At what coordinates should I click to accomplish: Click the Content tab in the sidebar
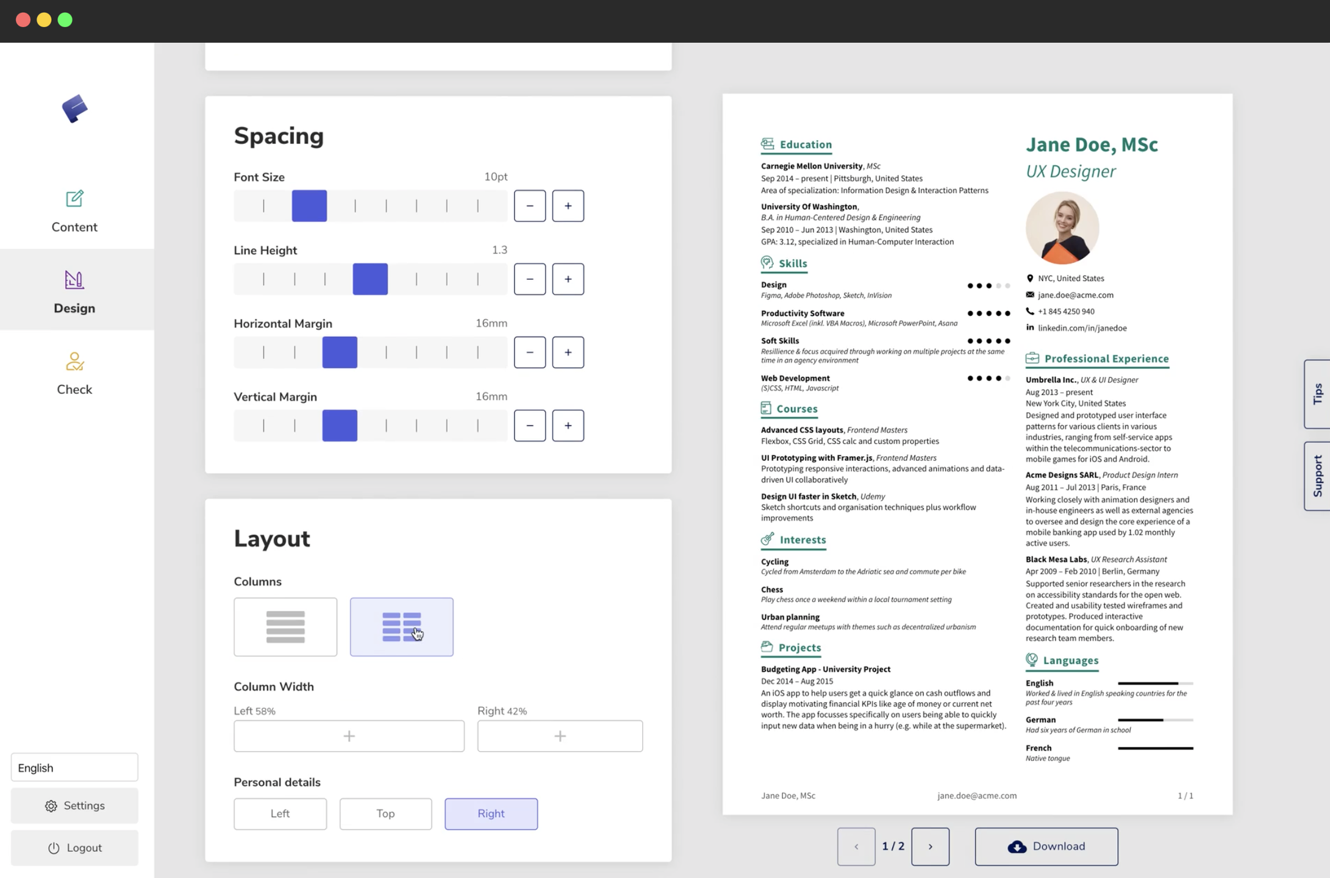(74, 211)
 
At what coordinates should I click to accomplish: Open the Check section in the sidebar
(74, 374)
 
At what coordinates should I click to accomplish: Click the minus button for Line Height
(529, 279)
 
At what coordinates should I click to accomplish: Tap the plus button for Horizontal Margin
(568, 352)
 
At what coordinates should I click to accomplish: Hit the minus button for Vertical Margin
(529, 426)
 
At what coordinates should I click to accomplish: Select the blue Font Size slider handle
(309, 206)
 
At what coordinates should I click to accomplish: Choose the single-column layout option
(285, 627)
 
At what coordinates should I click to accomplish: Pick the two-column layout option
(401, 627)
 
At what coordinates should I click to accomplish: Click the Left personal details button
(280, 814)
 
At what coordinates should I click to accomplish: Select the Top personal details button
(385, 814)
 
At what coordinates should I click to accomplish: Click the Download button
(1046, 846)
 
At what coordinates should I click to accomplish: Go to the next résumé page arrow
(930, 846)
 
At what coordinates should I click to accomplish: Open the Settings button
(74, 806)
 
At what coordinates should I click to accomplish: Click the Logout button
(74, 848)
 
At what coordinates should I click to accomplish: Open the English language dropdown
(74, 768)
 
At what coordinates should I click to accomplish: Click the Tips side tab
(1317, 394)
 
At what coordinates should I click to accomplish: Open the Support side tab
(1317, 476)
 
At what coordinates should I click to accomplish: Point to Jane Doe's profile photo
(1062, 228)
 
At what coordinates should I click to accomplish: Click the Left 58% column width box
(349, 736)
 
